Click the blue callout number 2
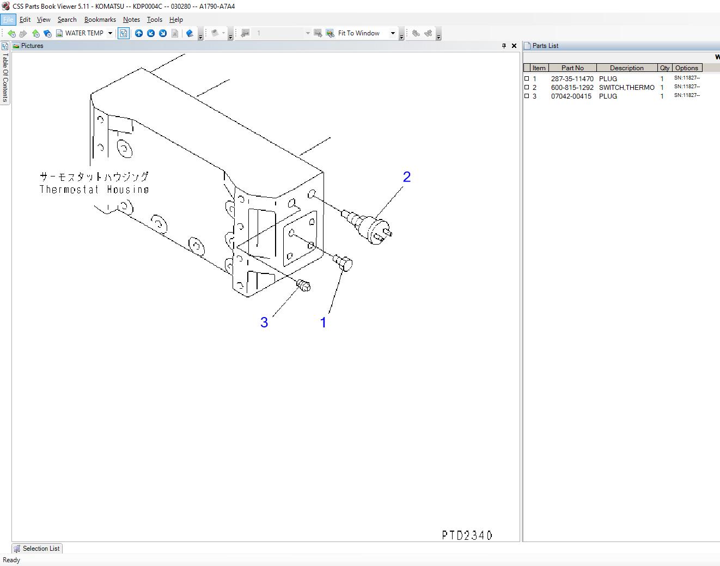[406, 177]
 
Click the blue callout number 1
[323, 322]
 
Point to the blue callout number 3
[264, 322]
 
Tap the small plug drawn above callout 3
[304, 285]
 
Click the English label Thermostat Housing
[94, 190]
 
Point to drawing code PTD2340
[467, 535]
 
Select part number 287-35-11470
[572, 79]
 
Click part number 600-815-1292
[572, 88]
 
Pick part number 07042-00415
[571, 96]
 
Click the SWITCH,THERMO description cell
[626, 88]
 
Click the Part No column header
[572, 68]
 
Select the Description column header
[626, 68]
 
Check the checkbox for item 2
[527, 87]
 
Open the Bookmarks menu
[100, 20]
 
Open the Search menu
[67, 20]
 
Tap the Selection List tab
[37, 549]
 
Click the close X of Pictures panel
[514, 46]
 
